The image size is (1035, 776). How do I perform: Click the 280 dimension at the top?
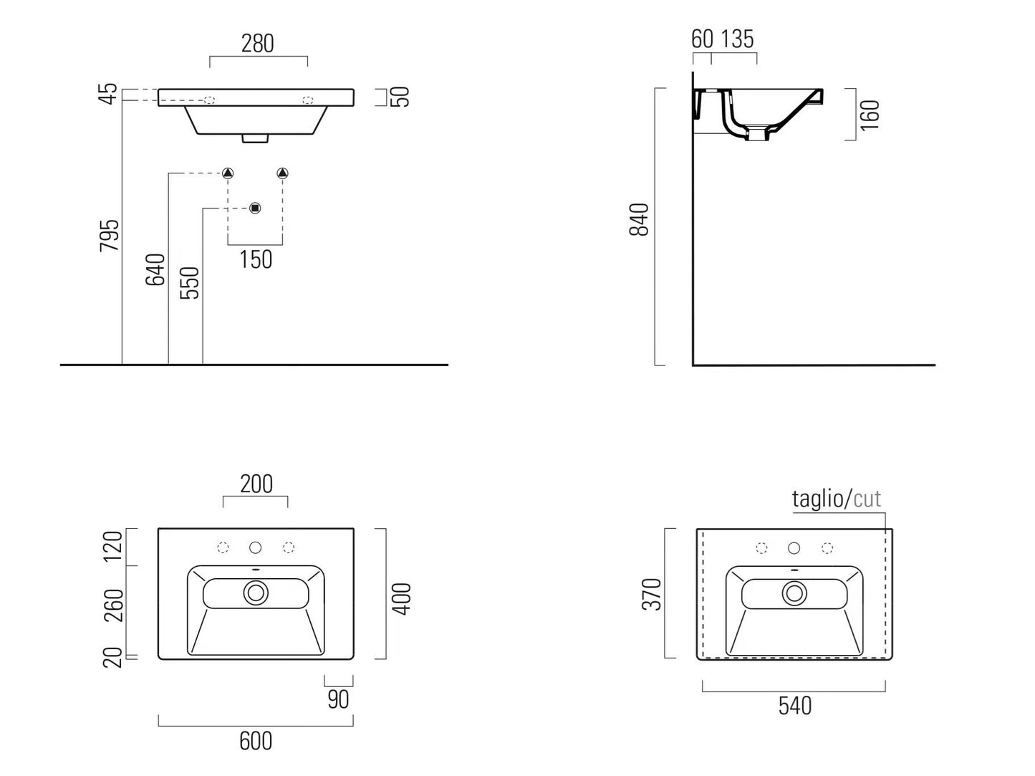point(258,44)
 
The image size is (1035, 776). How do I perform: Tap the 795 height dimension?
point(110,235)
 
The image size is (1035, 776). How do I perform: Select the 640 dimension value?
point(155,269)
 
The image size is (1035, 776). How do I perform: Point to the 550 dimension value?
point(190,282)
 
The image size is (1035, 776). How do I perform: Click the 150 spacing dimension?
point(256,259)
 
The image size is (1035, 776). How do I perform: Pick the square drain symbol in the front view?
point(255,209)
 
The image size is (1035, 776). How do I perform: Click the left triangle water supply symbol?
point(228,173)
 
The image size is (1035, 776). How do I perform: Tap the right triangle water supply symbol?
point(282,173)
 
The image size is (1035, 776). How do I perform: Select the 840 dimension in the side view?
point(639,219)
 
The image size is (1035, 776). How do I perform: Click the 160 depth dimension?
point(870,115)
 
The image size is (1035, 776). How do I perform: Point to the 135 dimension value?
point(737,39)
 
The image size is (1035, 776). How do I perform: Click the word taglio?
point(819,499)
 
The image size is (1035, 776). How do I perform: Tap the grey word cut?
point(867,499)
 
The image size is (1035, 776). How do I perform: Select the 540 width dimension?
point(795,706)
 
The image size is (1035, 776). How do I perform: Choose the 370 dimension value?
point(652,594)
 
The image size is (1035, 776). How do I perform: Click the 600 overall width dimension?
point(256,741)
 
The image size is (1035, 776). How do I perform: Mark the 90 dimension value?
point(338,699)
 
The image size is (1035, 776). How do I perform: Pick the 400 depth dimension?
point(403,598)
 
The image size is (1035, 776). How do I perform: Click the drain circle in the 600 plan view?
point(256,593)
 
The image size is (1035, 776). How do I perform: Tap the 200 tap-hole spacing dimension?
point(256,484)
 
